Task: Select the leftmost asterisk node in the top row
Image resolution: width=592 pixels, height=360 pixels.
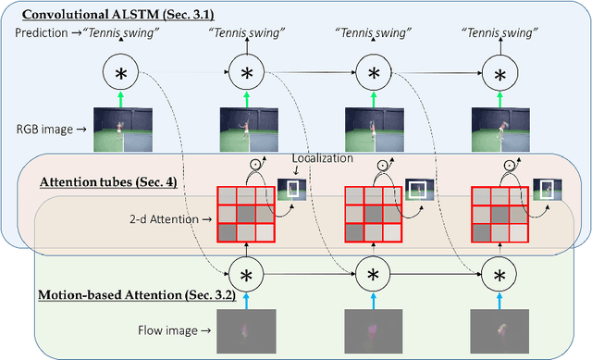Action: coord(120,73)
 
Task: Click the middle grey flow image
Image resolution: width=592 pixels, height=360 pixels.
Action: coord(373,331)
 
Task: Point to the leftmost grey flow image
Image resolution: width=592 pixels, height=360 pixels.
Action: coord(246,331)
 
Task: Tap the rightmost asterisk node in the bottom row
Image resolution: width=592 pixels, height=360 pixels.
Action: coord(500,276)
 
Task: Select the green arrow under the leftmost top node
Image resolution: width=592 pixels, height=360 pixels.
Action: coord(120,100)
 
